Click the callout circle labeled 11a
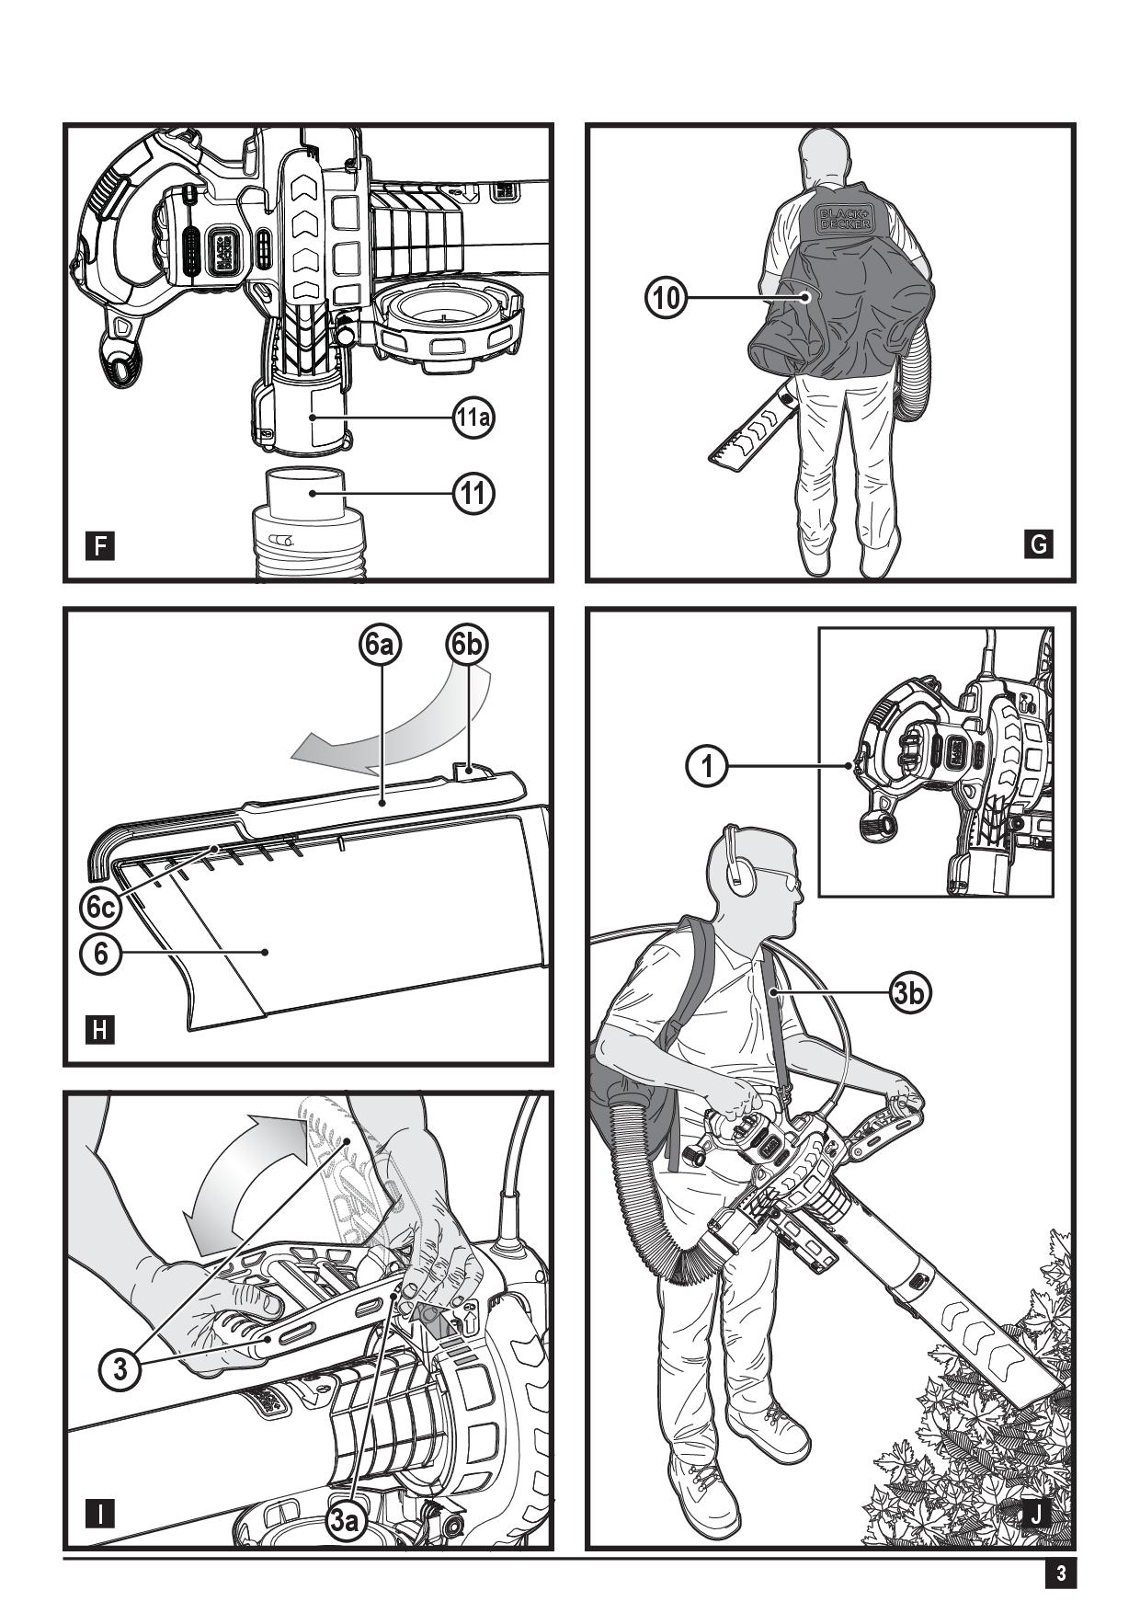(473, 418)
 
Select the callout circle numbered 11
(473, 494)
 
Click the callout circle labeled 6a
(380, 646)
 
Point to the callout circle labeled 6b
(467, 646)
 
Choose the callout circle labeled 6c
(100, 908)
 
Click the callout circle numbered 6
(100, 953)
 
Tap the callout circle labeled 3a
(345, 1521)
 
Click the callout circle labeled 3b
(910, 992)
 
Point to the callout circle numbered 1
(708, 765)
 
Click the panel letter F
(100, 547)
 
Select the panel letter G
(1039, 544)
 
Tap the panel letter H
(100, 1030)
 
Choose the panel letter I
(100, 1513)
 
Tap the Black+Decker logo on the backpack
(843, 217)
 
